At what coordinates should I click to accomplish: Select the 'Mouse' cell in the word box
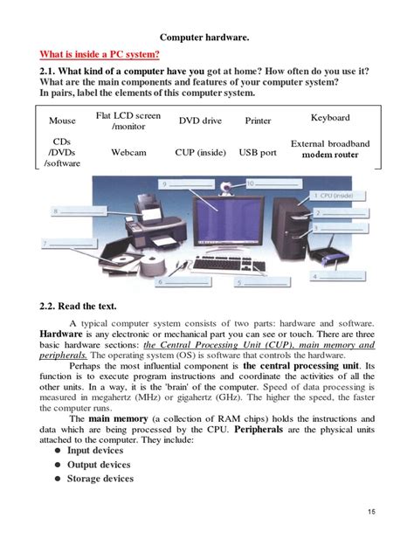pos(62,121)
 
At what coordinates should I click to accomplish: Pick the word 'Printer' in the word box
pos(258,121)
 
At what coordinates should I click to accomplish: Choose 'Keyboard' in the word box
pos(330,117)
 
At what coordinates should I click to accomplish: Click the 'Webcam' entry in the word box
pos(128,152)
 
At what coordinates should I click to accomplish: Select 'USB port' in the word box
pos(258,152)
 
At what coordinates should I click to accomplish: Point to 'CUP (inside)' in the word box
pos(200,152)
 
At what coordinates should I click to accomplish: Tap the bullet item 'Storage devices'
pos(100,479)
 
